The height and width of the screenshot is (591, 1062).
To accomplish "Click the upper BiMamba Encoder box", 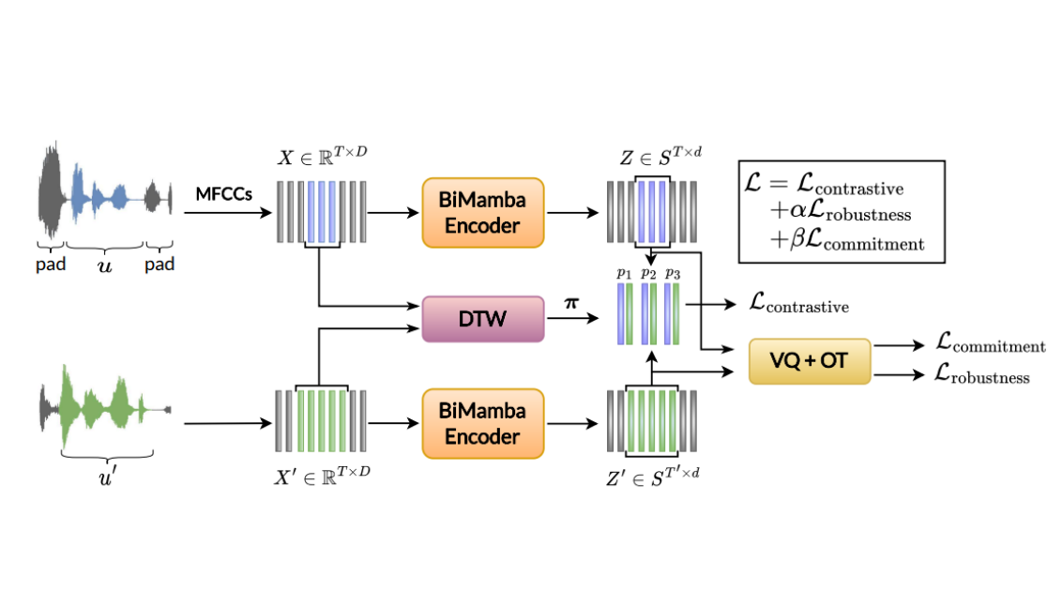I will click(x=483, y=212).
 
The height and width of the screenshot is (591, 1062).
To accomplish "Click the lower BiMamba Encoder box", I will click(x=483, y=423).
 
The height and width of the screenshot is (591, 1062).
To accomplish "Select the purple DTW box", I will click(x=483, y=318).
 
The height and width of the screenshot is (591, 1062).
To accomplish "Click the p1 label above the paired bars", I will click(x=624, y=273).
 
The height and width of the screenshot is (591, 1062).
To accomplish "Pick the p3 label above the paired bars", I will click(x=671, y=273).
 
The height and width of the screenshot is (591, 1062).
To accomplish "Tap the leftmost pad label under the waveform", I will click(x=52, y=265).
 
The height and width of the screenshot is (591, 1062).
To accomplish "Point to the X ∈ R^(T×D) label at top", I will click(x=322, y=157).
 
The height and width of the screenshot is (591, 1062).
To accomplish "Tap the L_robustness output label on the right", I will click(x=982, y=376).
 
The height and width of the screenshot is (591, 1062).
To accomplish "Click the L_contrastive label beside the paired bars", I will click(x=798, y=305).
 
